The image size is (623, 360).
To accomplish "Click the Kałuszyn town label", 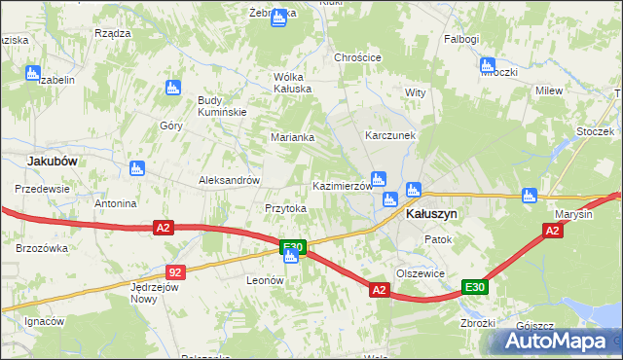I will [430, 213].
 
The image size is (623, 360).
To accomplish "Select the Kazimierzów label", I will [342, 185].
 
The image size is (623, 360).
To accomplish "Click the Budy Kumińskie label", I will [224, 106].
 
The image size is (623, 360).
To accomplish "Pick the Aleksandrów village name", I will [229, 180].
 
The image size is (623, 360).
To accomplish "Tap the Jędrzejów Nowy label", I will [158, 292].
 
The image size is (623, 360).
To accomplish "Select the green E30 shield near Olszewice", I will [474, 287].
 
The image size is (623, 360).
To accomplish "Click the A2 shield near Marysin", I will [552, 231].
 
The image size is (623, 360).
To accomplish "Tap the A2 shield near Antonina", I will [163, 228].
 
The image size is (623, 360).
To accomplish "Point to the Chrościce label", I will [357, 57].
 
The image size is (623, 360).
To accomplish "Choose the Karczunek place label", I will [390, 135].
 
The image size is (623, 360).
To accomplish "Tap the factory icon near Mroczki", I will [486, 65].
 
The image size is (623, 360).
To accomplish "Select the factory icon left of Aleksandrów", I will [136, 168].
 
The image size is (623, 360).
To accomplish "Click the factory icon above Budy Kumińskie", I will [173, 87].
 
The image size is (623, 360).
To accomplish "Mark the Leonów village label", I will [264, 279].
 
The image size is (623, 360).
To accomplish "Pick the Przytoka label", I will [285, 208].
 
